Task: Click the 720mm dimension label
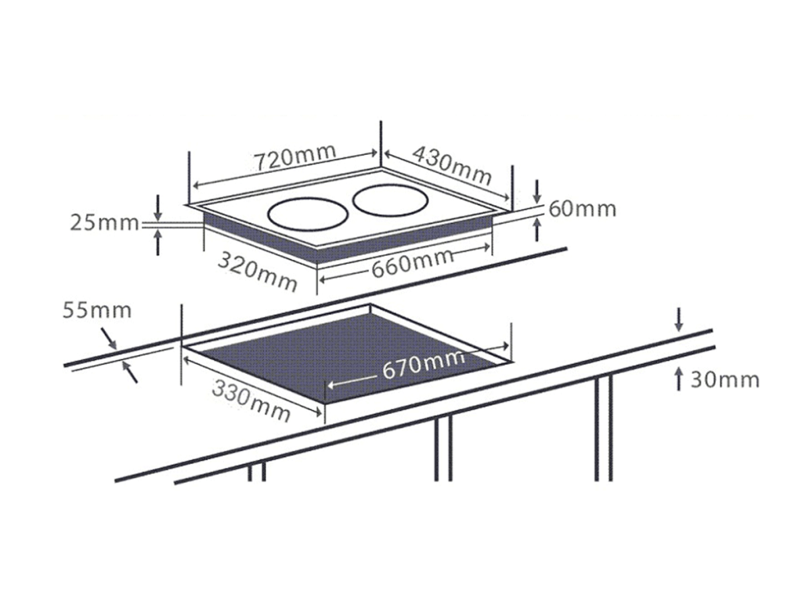(295, 157)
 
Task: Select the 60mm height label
(583, 209)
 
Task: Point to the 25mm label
(105, 223)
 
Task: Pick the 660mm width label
(413, 263)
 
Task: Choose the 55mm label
(96, 310)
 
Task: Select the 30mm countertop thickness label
(724, 380)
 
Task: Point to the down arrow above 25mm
(158, 208)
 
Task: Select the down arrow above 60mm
(536, 191)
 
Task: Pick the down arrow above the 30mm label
(679, 319)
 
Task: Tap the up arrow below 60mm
(536, 229)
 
